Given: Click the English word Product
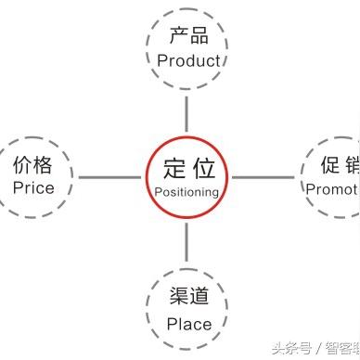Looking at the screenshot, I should tap(188, 60).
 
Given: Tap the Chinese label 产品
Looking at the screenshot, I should tap(188, 36).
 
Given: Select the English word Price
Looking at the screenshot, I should tap(33, 187).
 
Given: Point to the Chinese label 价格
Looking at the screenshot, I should tap(33, 164).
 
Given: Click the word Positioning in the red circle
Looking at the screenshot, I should tap(186, 192).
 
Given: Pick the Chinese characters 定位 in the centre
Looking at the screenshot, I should tap(186, 168).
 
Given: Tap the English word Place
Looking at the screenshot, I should tap(188, 324).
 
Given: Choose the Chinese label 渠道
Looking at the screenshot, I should tap(188, 298).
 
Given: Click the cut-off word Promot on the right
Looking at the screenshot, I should tap(331, 188).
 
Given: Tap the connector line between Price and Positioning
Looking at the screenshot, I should tap(109, 176).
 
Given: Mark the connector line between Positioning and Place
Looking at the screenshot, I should tap(186, 242).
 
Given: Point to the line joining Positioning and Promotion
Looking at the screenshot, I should tap(264, 176).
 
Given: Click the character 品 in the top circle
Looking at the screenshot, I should tap(200, 36).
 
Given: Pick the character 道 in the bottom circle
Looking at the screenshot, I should tap(200, 298).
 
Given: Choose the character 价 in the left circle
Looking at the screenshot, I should tap(21, 164).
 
